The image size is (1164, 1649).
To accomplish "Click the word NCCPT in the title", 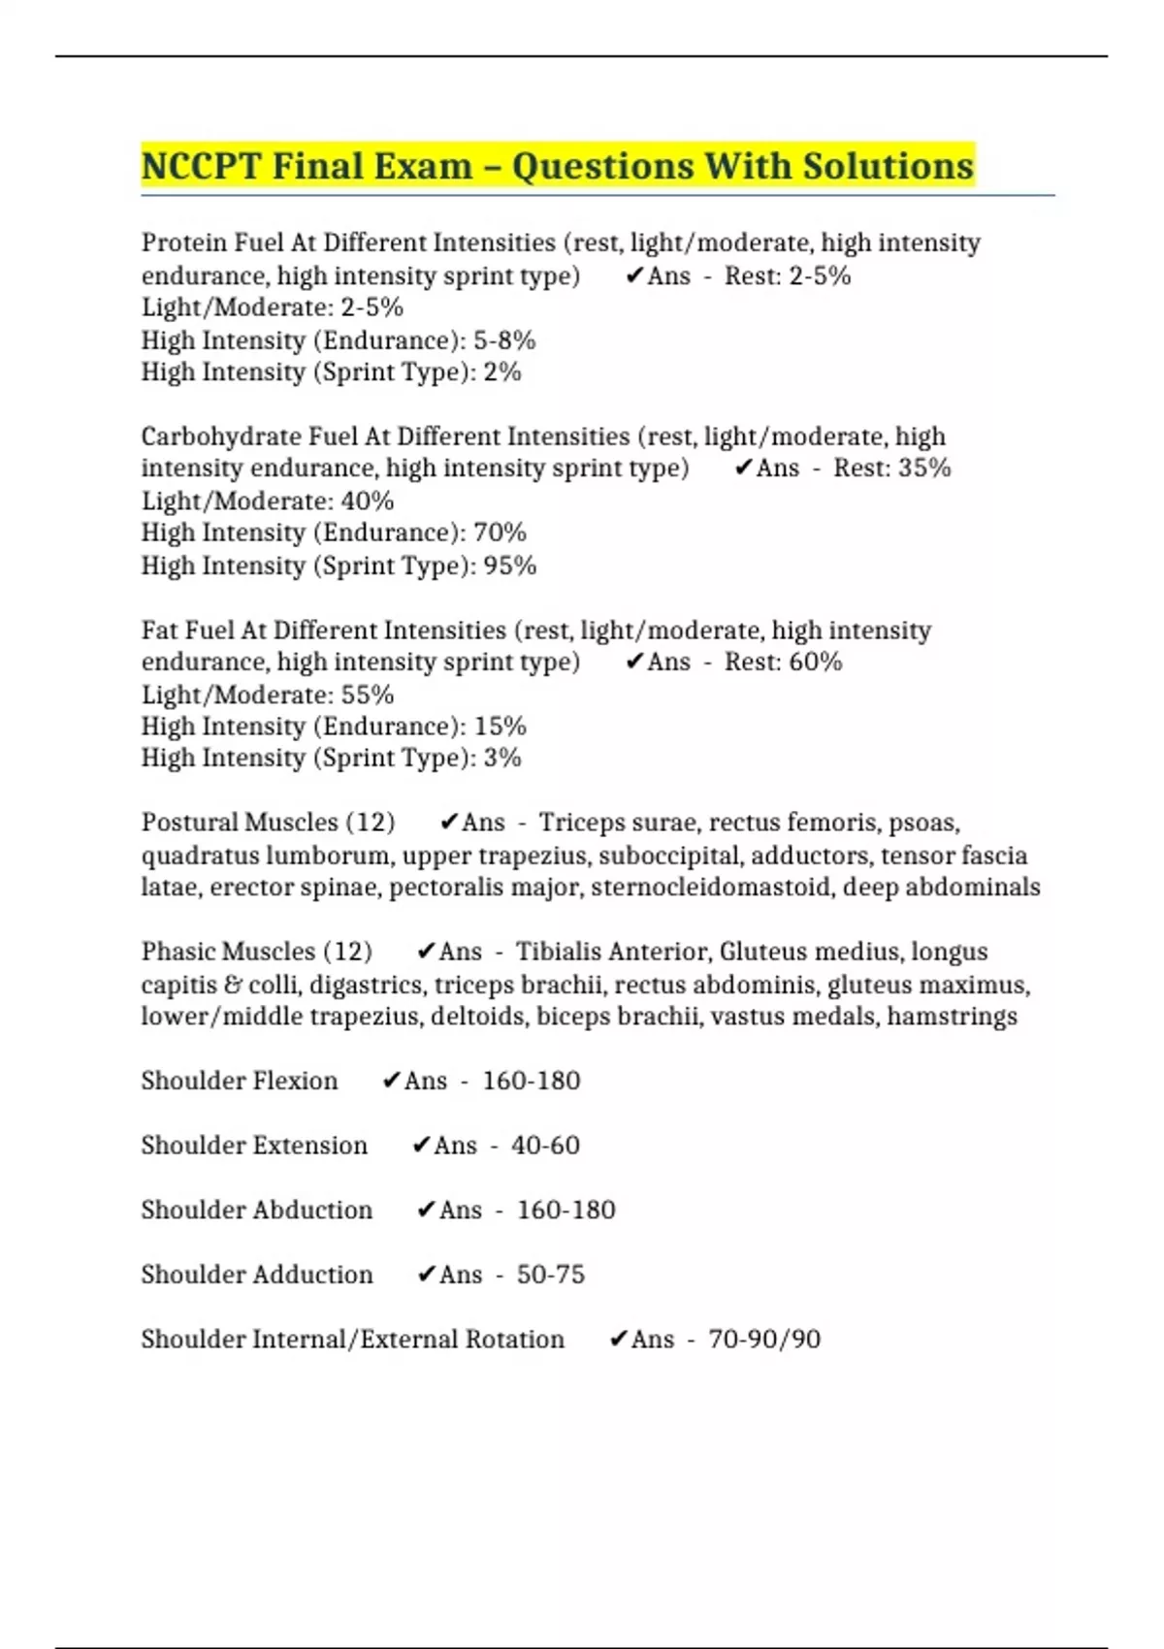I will point(201,166).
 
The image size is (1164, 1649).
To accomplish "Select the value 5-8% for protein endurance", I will point(504,340).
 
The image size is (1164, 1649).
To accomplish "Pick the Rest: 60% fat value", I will point(784,662).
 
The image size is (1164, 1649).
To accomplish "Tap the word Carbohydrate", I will point(220,436).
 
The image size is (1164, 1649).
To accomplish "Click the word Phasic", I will point(179,952).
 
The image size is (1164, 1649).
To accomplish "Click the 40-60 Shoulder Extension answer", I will point(545,1146).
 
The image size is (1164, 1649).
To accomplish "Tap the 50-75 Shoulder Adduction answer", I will point(551,1275).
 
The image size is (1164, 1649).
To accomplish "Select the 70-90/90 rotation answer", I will point(764,1340).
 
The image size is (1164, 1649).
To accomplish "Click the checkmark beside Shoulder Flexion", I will point(391,1081).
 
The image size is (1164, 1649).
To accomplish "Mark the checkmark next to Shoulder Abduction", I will point(426,1210).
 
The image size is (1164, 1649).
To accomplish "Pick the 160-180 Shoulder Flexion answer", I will point(532,1081).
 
